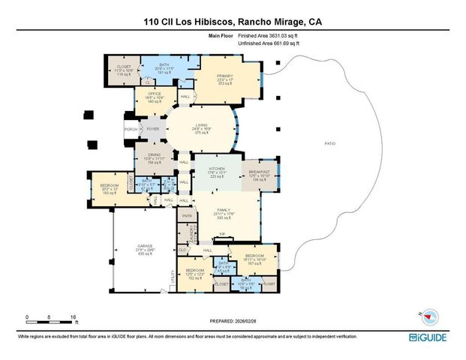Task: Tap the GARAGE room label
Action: point(145,245)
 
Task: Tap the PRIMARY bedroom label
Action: point(225,77)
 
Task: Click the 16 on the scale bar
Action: point(72,317)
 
